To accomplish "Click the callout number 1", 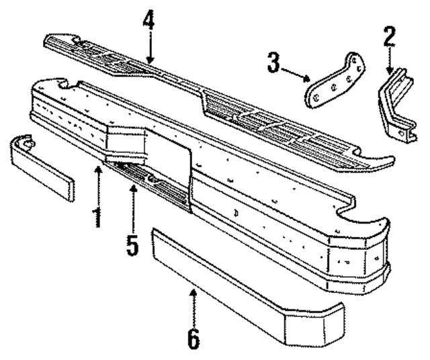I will [98, 216].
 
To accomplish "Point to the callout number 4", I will [148, 20].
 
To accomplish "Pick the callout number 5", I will [133, 244].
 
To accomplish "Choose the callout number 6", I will [193, 338].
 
